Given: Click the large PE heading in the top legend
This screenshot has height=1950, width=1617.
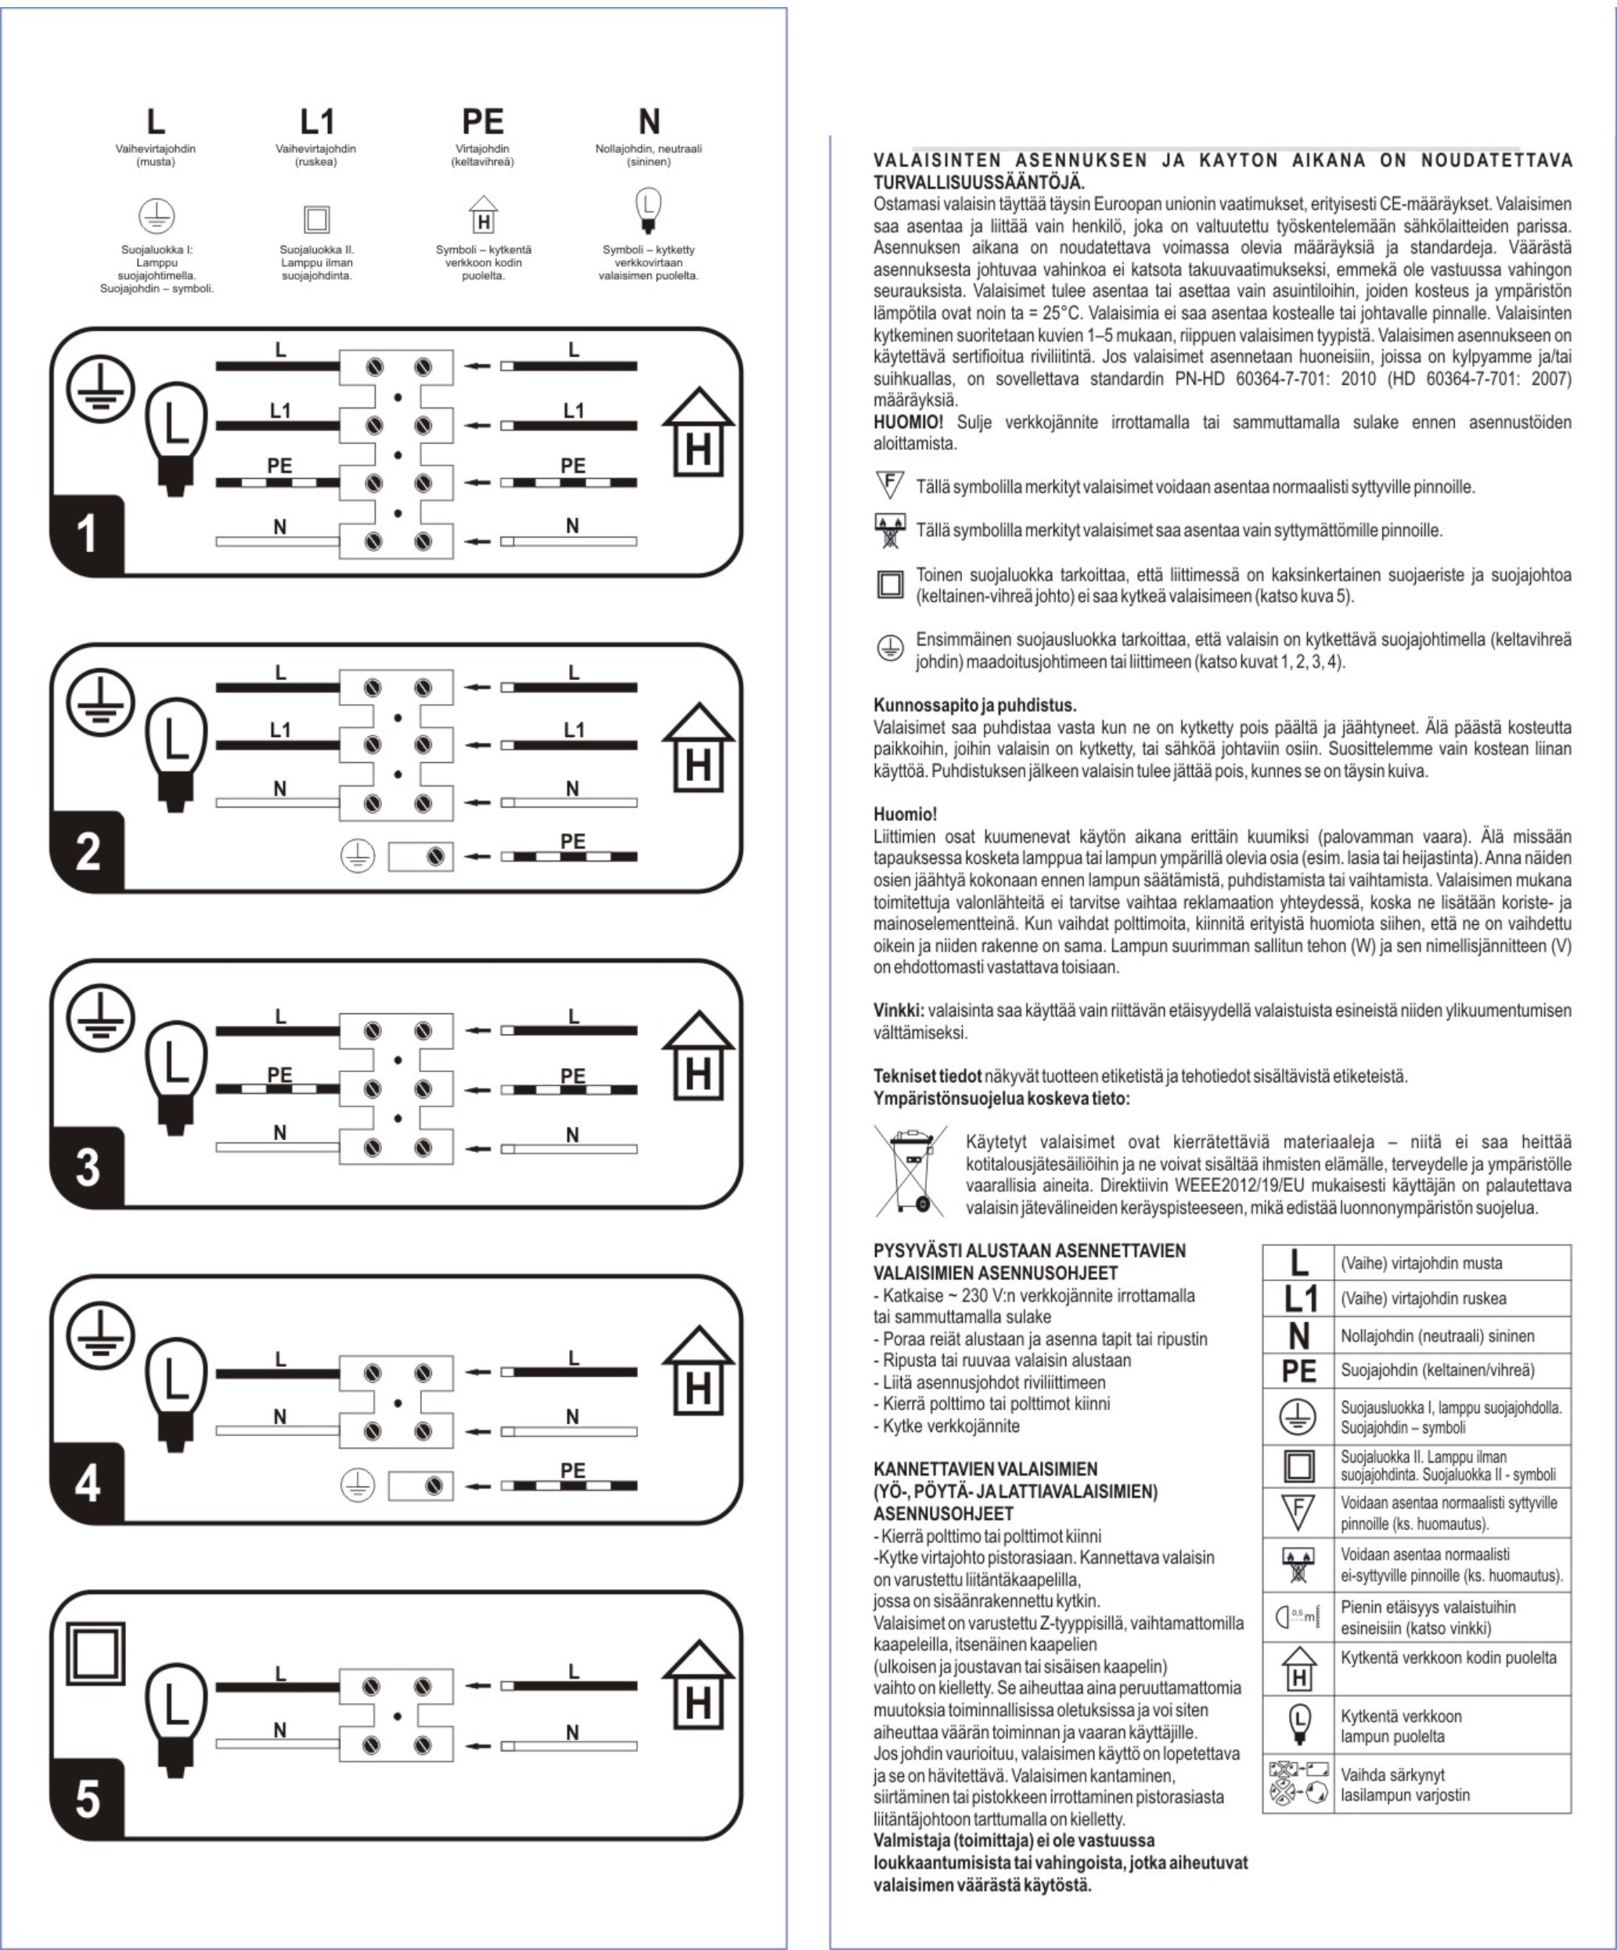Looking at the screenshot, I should [482, 121].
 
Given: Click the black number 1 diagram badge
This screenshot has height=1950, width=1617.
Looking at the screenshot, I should [88, 536].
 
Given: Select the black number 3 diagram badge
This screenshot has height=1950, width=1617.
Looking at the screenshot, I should [88, 1167].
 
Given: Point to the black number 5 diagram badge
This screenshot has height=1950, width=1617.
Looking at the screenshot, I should [88, 1801].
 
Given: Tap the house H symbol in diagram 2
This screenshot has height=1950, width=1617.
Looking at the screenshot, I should [697, 755].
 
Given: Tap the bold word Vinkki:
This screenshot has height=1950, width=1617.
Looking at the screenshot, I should [899, 1010].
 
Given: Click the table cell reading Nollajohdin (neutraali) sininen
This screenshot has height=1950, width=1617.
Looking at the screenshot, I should [1451, 1335].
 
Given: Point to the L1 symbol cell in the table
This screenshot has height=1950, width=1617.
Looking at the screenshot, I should [1298, 1299].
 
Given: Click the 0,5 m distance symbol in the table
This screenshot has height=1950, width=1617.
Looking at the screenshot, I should [1298, 1617].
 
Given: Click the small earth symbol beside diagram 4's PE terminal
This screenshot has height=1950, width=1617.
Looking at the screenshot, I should [358, 1487].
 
